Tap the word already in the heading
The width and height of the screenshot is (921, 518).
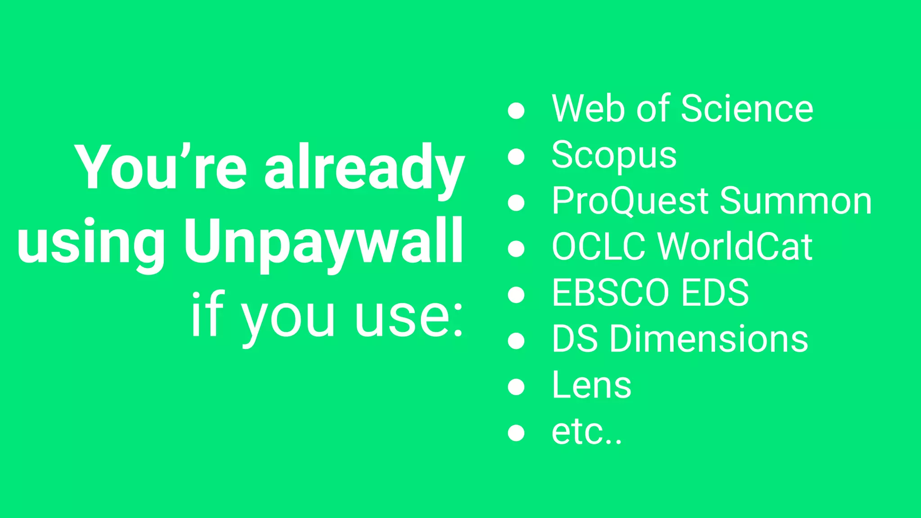point(364,168)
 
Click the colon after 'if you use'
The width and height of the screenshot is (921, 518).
point(458,320)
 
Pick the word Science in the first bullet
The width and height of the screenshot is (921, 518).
point(747,109)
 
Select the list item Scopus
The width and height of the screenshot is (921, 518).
point(614,156)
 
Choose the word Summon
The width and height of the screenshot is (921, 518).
point(796,201)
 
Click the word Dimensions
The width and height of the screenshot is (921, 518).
point(709,339)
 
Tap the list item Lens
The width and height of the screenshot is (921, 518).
point(591,385)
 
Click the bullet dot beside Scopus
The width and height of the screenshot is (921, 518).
point(516,156)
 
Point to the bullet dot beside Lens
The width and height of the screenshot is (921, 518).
point(516,387)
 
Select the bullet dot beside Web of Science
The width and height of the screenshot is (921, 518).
point(516,111)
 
